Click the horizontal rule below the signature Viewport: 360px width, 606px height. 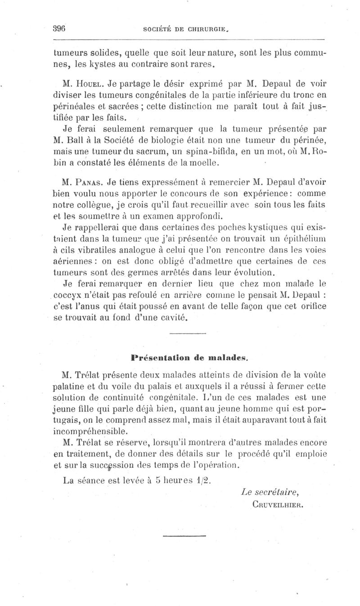click(x=184, y=535)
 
